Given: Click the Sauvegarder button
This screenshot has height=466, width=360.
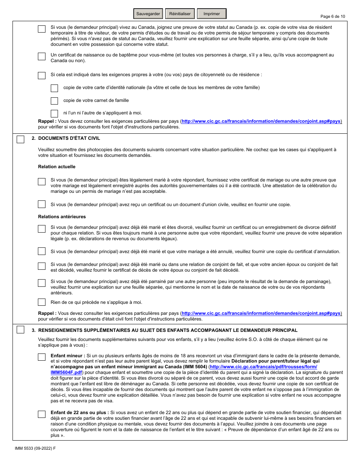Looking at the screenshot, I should [x=148, y=14].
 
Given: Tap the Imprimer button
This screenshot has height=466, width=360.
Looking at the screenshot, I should [x=211, y=14].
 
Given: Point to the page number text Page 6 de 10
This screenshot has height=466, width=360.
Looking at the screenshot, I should [x=333, y=16].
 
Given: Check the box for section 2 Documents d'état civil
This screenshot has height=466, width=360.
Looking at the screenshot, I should [x=20, y=139].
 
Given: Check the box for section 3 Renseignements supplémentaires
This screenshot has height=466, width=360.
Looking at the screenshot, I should [x=20, y=330].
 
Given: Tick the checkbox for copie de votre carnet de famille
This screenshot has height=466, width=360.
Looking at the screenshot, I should [x=54, y=101].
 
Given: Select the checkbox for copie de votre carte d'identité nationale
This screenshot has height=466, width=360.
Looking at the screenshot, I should [x=54, y=88].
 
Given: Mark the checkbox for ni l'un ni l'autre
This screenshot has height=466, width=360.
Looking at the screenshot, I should [x=54, y=113].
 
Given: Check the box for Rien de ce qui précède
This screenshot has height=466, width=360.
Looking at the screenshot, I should [x=42, y=302].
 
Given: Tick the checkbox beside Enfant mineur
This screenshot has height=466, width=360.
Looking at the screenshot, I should [x=42, y=357].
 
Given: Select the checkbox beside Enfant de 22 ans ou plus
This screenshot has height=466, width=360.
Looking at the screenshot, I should [x=42, y=414].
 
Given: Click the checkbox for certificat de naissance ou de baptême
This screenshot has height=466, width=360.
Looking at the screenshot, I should [x=42, y=56].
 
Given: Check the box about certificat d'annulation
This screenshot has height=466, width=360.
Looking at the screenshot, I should [x=42, y=251].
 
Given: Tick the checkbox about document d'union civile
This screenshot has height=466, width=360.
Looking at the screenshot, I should [x=42, y=204].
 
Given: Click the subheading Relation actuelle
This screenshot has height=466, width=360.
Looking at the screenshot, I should [x=56, y=167].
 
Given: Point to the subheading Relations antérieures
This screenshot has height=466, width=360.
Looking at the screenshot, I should [x=62, y=217].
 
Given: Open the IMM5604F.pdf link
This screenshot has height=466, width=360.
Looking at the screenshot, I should [x=66, y=372].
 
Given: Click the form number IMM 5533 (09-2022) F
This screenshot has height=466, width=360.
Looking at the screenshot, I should [x=35, y=448].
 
